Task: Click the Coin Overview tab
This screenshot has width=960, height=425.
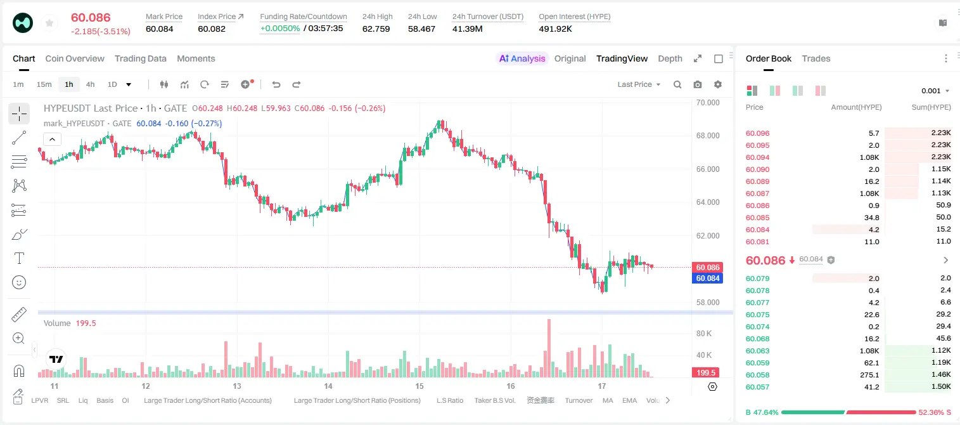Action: (x=75, y=58)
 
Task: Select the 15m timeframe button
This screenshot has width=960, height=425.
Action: (x=44, y=84)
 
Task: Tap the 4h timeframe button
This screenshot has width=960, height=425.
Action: (x=90, y=84)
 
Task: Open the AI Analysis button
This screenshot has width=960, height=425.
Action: (x=522, y=58)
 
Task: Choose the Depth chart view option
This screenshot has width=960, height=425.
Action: (x=670, y=58)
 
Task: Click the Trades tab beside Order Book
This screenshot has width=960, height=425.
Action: (x=816, y=58)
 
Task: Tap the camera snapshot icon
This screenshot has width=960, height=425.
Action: (x=698, y=84)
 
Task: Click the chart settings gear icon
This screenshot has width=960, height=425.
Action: (x=718, y=84)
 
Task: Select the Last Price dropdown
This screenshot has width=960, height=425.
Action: (x=639, y=84)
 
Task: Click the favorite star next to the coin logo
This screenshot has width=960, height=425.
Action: (x=49, y=23)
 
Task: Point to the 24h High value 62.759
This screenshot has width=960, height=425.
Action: (x=376, y=29)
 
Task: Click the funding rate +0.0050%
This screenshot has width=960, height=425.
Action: (x=280, y=29)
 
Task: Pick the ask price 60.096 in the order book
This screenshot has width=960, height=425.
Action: (x=757, y=133)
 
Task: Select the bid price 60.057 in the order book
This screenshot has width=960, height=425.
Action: (x=757, y=387)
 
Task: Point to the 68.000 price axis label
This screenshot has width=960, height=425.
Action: (x=708, y=136)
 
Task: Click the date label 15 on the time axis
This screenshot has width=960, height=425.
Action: (x=419, y=386)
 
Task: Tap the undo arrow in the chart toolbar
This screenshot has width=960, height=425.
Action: (x=276, y=84)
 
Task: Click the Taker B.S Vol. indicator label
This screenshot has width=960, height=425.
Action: (x=494, y=400)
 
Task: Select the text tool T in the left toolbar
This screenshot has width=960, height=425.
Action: (x=19, y=258)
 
